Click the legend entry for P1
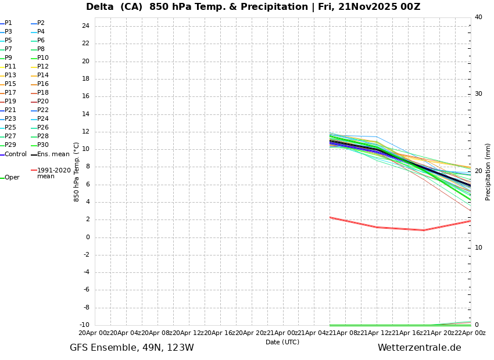[x=8, y=23]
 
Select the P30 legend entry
[x=43, y=145]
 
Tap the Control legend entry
[x=16, y=154]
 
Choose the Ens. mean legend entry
[x=53, y=154]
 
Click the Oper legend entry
[x=12, y=178]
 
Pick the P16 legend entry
[x=43, y=84]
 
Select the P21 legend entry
[x=10, y=110]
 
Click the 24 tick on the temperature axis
[x=85, y=26]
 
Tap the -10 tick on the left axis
[x=84, y=325]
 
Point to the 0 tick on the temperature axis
[x=87, y=237]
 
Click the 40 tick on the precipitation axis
[x=478, y=17]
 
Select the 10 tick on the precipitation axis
[x=478, y=248]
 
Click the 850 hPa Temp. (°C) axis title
[x=77, y=171]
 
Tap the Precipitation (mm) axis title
[x=488, y=171]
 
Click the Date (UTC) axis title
[x=282, y=342]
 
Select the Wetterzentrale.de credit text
[x=419, y=348]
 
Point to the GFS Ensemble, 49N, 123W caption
[x=132, y=348]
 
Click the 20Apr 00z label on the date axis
[x=94, y=333]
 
